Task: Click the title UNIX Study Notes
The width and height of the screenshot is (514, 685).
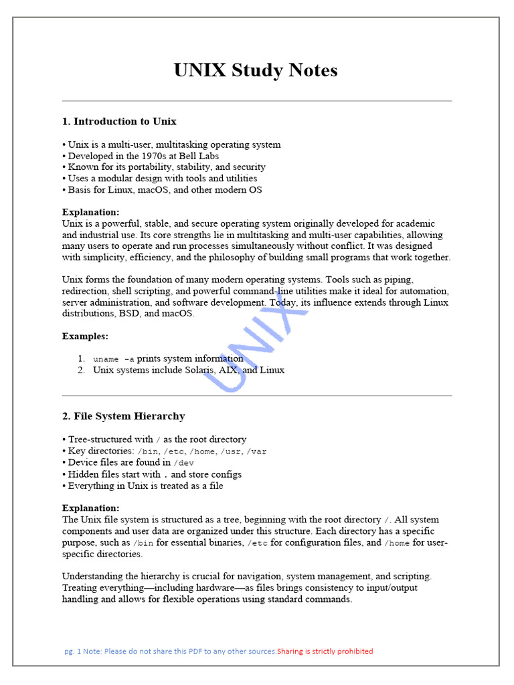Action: point(256,70)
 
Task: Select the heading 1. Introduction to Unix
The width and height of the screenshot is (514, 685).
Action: point(119,122)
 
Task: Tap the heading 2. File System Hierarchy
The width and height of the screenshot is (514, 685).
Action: point(123,416)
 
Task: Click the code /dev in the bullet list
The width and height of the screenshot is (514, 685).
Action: point(184,463)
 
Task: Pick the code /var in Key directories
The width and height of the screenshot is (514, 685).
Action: point(256,452)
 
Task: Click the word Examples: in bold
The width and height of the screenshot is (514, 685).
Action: point(85,336)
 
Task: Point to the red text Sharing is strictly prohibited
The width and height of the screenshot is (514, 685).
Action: point(325,652)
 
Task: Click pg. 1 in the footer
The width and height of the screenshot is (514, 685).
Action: point(72,652)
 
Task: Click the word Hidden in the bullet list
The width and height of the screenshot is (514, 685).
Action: point(82,474)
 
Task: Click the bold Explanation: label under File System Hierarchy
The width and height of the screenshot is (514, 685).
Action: point(91,508)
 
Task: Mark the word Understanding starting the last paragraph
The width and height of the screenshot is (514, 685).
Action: point(92,576)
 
